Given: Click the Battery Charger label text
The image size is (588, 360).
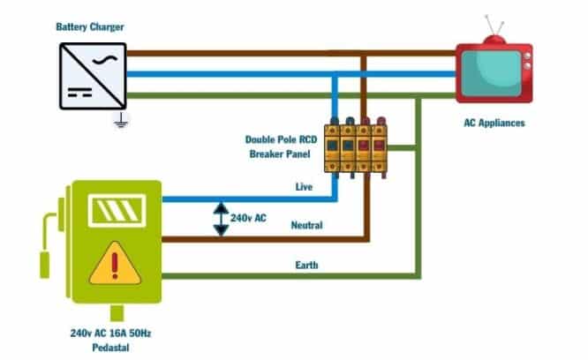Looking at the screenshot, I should [89, 27].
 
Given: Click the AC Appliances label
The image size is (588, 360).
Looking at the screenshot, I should [494, 124].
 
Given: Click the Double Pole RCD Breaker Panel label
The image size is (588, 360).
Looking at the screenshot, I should [281, 146].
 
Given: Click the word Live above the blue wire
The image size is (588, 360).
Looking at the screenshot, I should [304, 186].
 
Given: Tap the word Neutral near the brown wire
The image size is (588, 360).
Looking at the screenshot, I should [306, 225].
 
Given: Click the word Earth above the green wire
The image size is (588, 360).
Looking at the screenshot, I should [305, 265].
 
